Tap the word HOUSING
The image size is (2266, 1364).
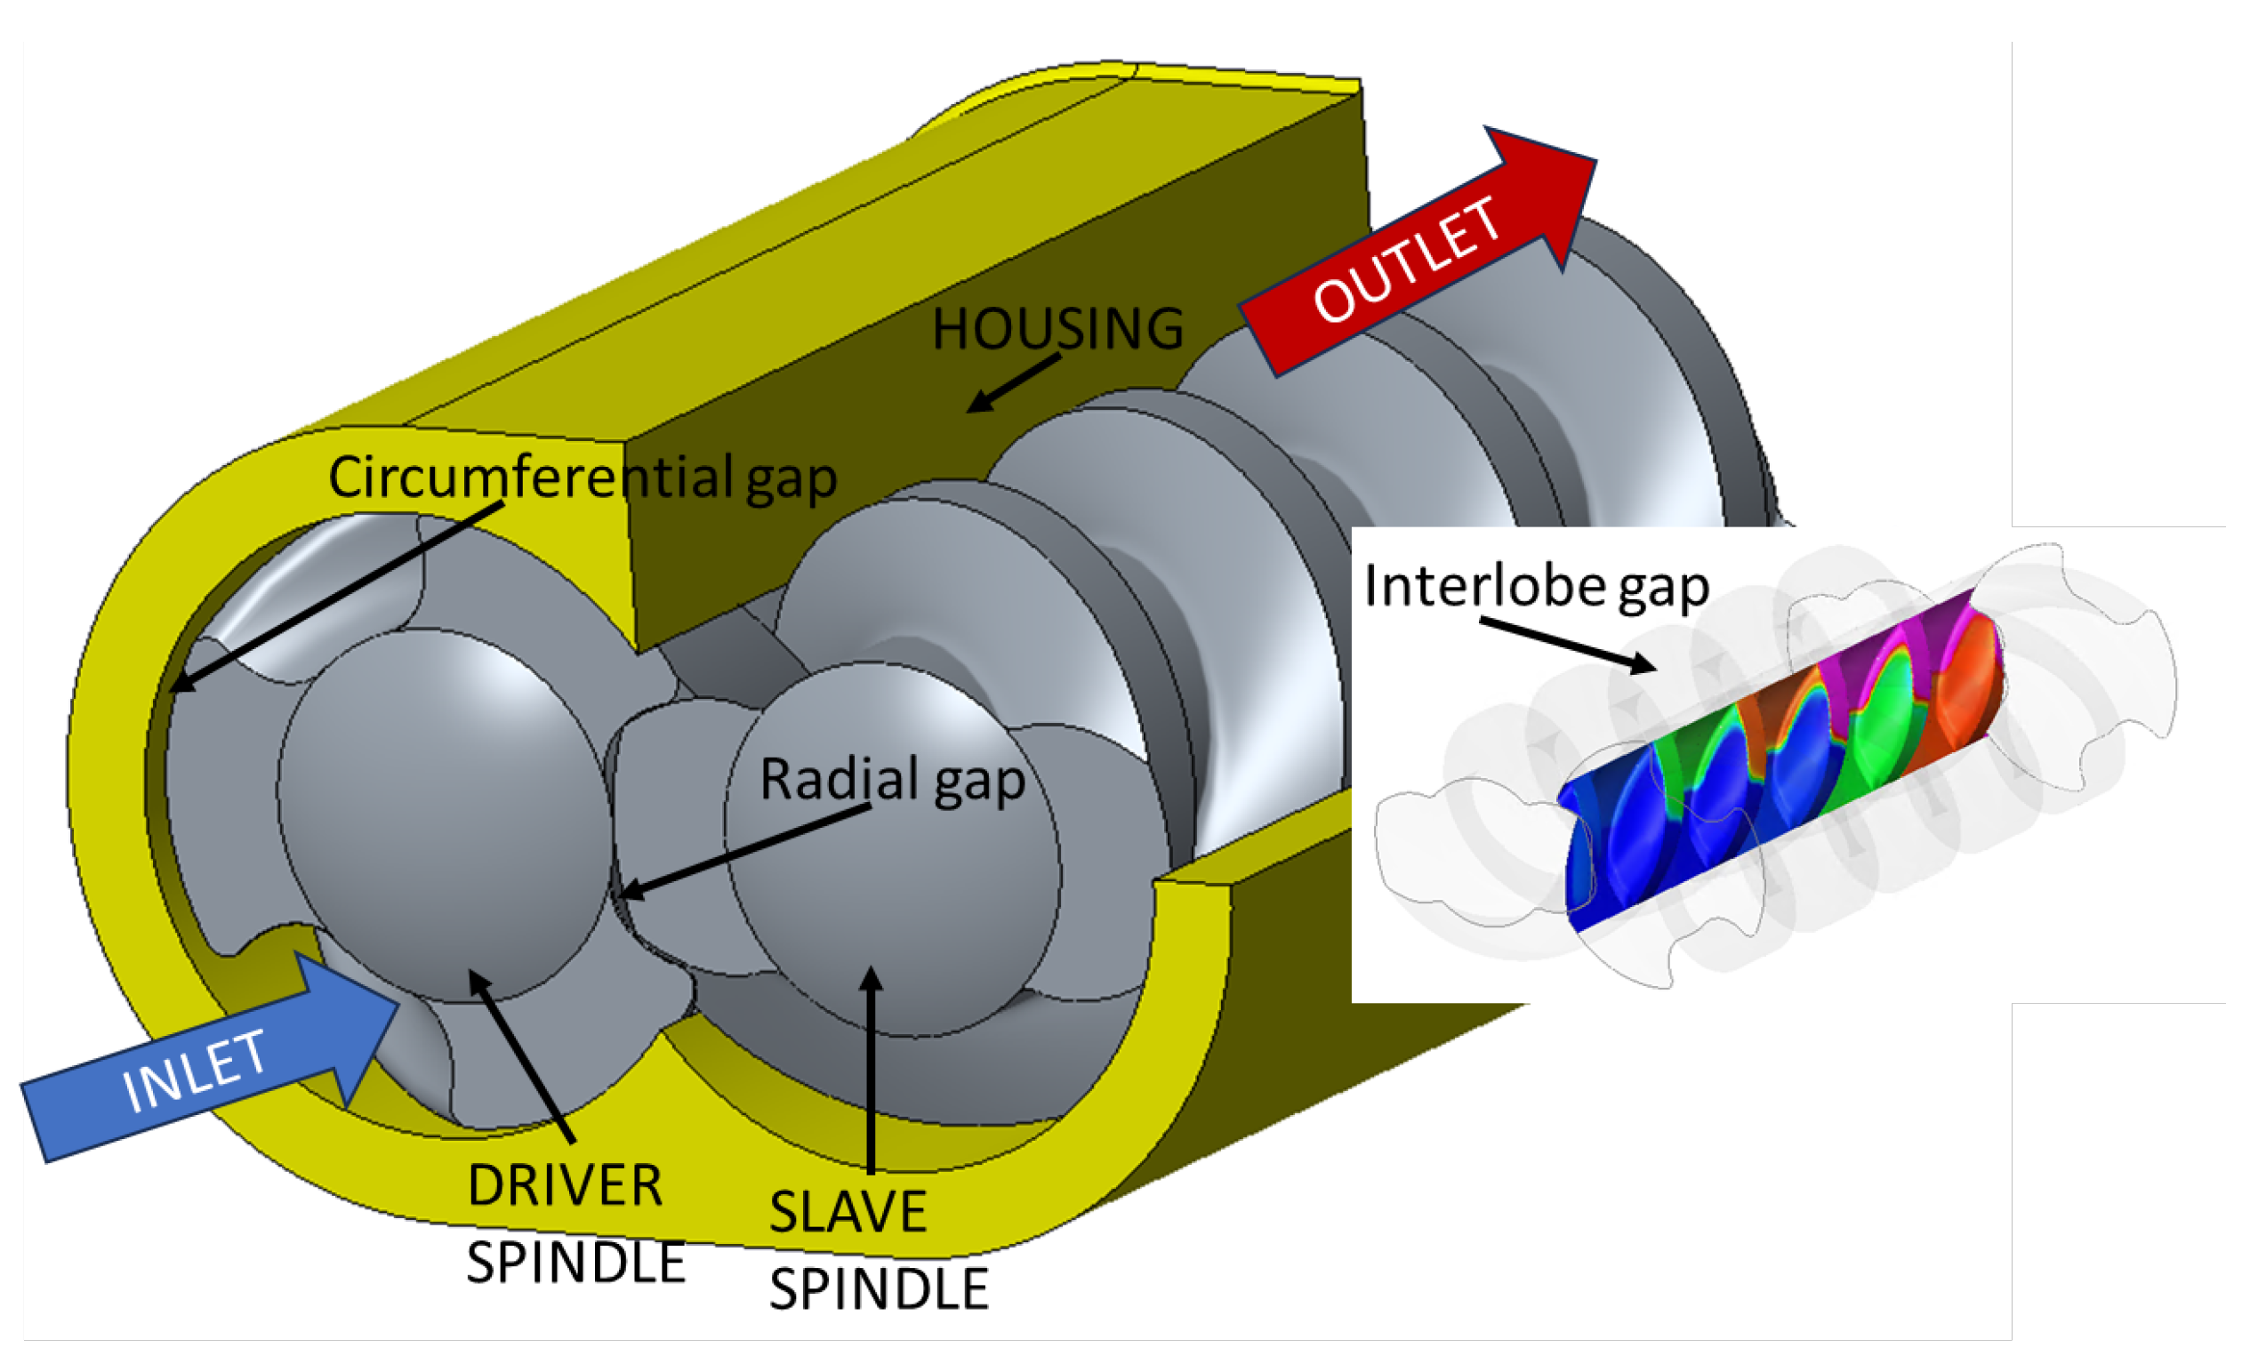tap(1057, 329)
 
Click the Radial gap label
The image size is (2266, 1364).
tap(892, 781)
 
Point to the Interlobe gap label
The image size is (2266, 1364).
tap(1535, 586)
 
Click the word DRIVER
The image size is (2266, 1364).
tap(565, 1186)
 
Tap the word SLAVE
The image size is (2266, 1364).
tap(848, 1212)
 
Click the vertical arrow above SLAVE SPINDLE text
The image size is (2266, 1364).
tap(871, 1066)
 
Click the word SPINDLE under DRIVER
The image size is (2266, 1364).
tap(575, 1262)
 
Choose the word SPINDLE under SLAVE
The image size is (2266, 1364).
tap(878, 1288)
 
